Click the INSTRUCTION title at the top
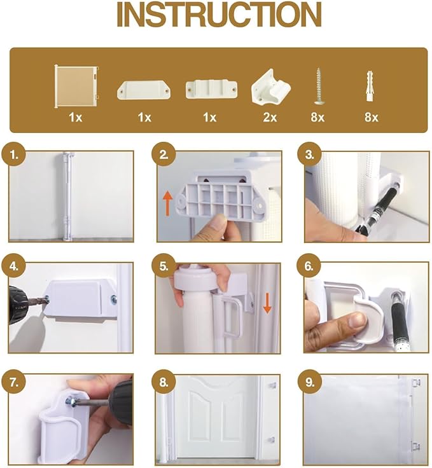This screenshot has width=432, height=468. pyautogui.click(x=219, y=15)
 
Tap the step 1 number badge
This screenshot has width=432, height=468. pyautogui.click(x=14, y=155)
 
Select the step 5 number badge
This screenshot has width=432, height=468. pyautogui.click(x=164, y=266)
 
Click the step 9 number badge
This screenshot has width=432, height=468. pyautogui.click(x=310, y=382)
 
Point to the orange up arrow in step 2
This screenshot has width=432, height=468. pyautogui.click(x=168, y=203)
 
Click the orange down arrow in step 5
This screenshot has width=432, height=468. pyautogui.click(x=267, y=303)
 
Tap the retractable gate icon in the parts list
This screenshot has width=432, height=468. pyautogui.click(x=76, y=87)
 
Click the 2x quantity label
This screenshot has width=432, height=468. pyautogui.click(x=270, y=117)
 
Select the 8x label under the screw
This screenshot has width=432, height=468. pyautogui.click(x=317, y=117)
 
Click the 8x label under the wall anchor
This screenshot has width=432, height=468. pyautogui.click(x=371, y=117)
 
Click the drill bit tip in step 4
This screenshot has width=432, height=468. pyautogui.click(x=47, y=301)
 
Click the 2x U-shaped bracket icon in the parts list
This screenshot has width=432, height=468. pyautogui.click(x=270, y=87)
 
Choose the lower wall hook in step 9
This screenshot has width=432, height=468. pyautogui.click(x=415, y=446)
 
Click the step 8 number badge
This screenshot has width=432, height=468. pyautogui.click(x=164, y=382)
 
